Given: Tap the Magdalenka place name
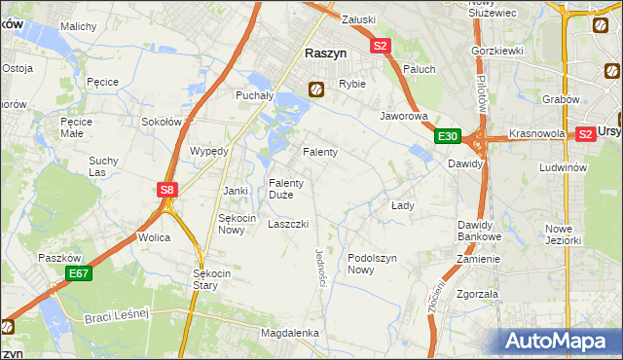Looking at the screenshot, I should [x=290, y=333].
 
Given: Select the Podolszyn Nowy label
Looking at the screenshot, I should [x=374, y=264].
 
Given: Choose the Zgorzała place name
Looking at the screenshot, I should [x=477, y=293].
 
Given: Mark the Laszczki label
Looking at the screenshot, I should [x=288, y=224].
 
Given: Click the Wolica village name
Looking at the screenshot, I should [x=154, y=237].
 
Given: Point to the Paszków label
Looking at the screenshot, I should [x=57, y=258].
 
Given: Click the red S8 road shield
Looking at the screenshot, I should [x=167, y=191].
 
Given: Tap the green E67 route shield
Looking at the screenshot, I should [x=79, y=275].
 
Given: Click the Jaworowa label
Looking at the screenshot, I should [x=404, y=116].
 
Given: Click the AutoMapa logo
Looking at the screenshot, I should [x=560, y=342].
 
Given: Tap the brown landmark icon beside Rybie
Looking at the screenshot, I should [x=316, y=90].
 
